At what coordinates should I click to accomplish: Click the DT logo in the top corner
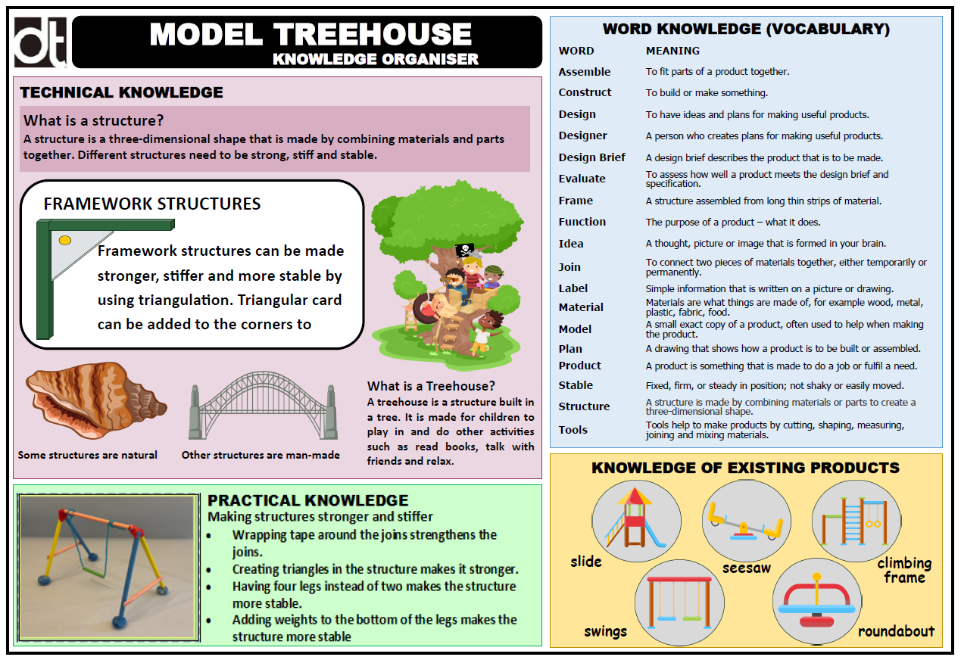[x=40, y=42]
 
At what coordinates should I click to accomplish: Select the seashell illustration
[x=95, y=400]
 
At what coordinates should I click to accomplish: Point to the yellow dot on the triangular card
[x=65, y=240]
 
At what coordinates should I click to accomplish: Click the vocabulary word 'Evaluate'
[x=582, y=179]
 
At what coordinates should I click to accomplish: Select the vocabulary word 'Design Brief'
[x=591, y=157]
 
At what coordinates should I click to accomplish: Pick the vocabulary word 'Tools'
[x=573, y=430]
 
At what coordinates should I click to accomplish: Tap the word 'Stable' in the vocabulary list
[x=576, y=385]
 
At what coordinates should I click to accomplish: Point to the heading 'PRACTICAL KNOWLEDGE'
[x=307, y=500]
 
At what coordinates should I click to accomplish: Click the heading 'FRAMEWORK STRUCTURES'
[x=152, y=204]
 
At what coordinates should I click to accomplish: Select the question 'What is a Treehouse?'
[x=431, y=386]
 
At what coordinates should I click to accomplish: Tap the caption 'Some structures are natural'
[x=88, y=455]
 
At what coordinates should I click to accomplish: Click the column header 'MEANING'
[x=672, y=51]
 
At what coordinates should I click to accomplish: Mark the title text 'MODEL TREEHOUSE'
[x=310, y=35]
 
